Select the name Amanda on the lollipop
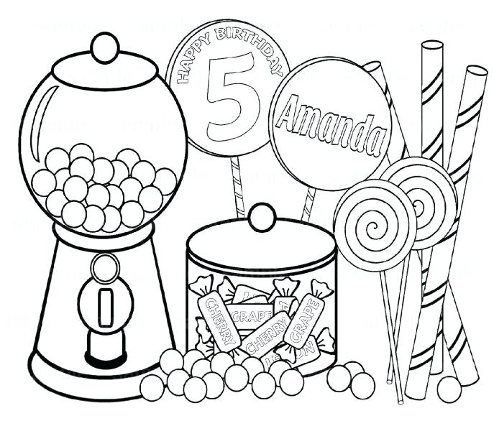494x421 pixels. (330, 121)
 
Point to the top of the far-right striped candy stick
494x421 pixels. (475, 72)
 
